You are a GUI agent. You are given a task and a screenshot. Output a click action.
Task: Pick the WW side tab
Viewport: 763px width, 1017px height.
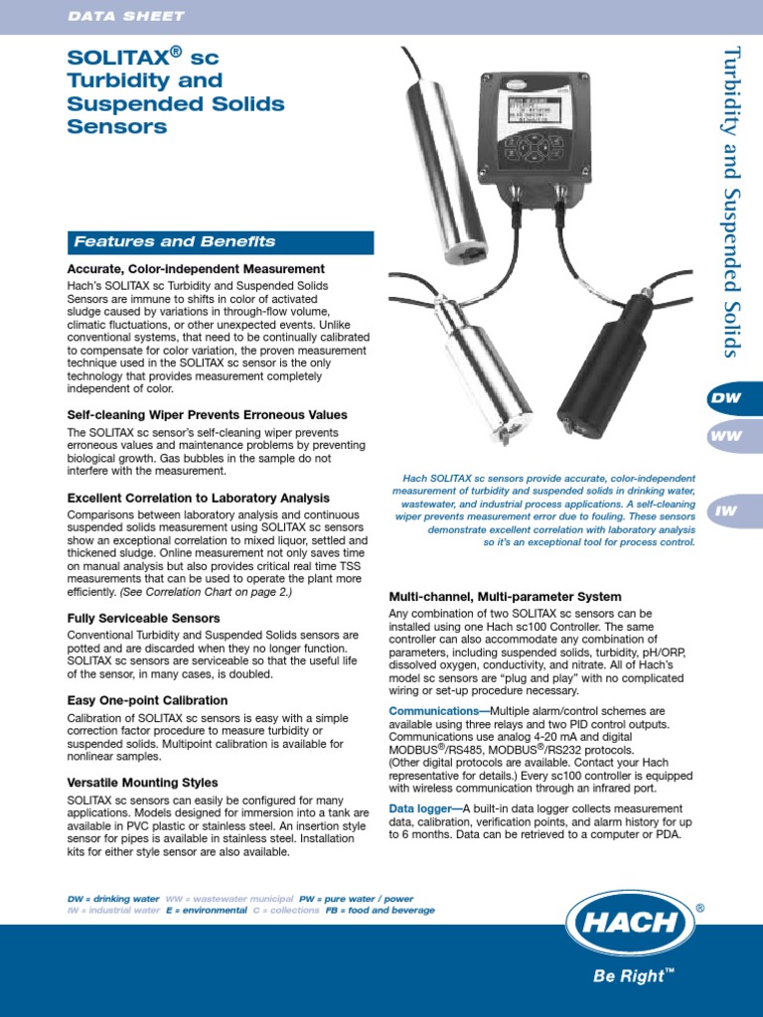point(725,436)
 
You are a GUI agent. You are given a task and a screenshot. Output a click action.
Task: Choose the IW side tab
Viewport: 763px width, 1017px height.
point(725,510)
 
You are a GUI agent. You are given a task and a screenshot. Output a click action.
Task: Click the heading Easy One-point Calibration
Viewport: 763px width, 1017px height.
point(147,700)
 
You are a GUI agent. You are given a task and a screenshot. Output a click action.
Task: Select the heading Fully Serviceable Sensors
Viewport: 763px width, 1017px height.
point(143,618)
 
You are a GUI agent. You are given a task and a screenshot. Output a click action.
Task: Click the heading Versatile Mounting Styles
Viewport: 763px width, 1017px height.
point(142,783)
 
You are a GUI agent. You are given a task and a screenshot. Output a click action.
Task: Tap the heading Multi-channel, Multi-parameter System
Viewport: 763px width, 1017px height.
point(505,597)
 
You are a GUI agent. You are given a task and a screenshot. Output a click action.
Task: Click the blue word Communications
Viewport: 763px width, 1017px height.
point(432,712)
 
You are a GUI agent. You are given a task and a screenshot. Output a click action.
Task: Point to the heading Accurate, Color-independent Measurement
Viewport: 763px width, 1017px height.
point(196,269)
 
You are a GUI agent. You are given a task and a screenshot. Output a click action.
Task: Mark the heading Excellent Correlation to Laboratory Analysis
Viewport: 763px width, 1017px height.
point(198,498)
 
